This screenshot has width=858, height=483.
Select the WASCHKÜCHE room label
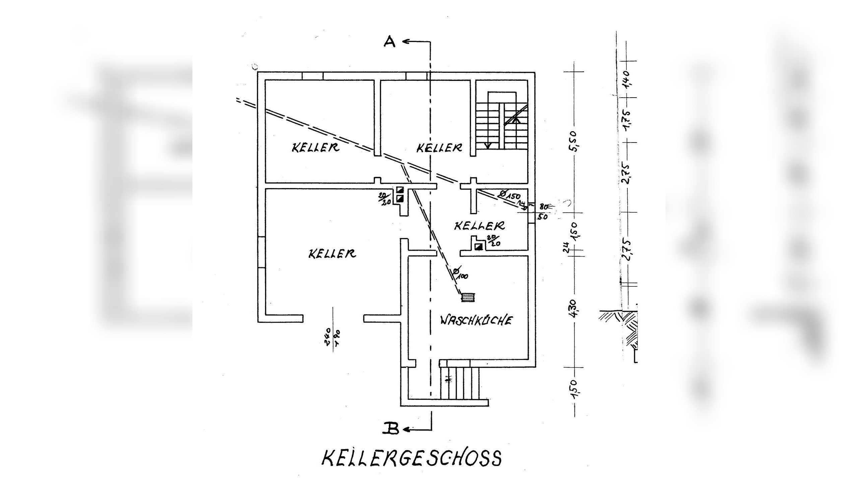click(x=476, y=320)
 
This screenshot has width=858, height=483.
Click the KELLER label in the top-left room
click(x=315, y=147)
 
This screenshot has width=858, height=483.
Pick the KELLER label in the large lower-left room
click(x=332, y=254)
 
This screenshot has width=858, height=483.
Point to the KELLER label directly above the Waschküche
click(x=480, y=226)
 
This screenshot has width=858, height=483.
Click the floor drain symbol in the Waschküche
click(x=468, y=297)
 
